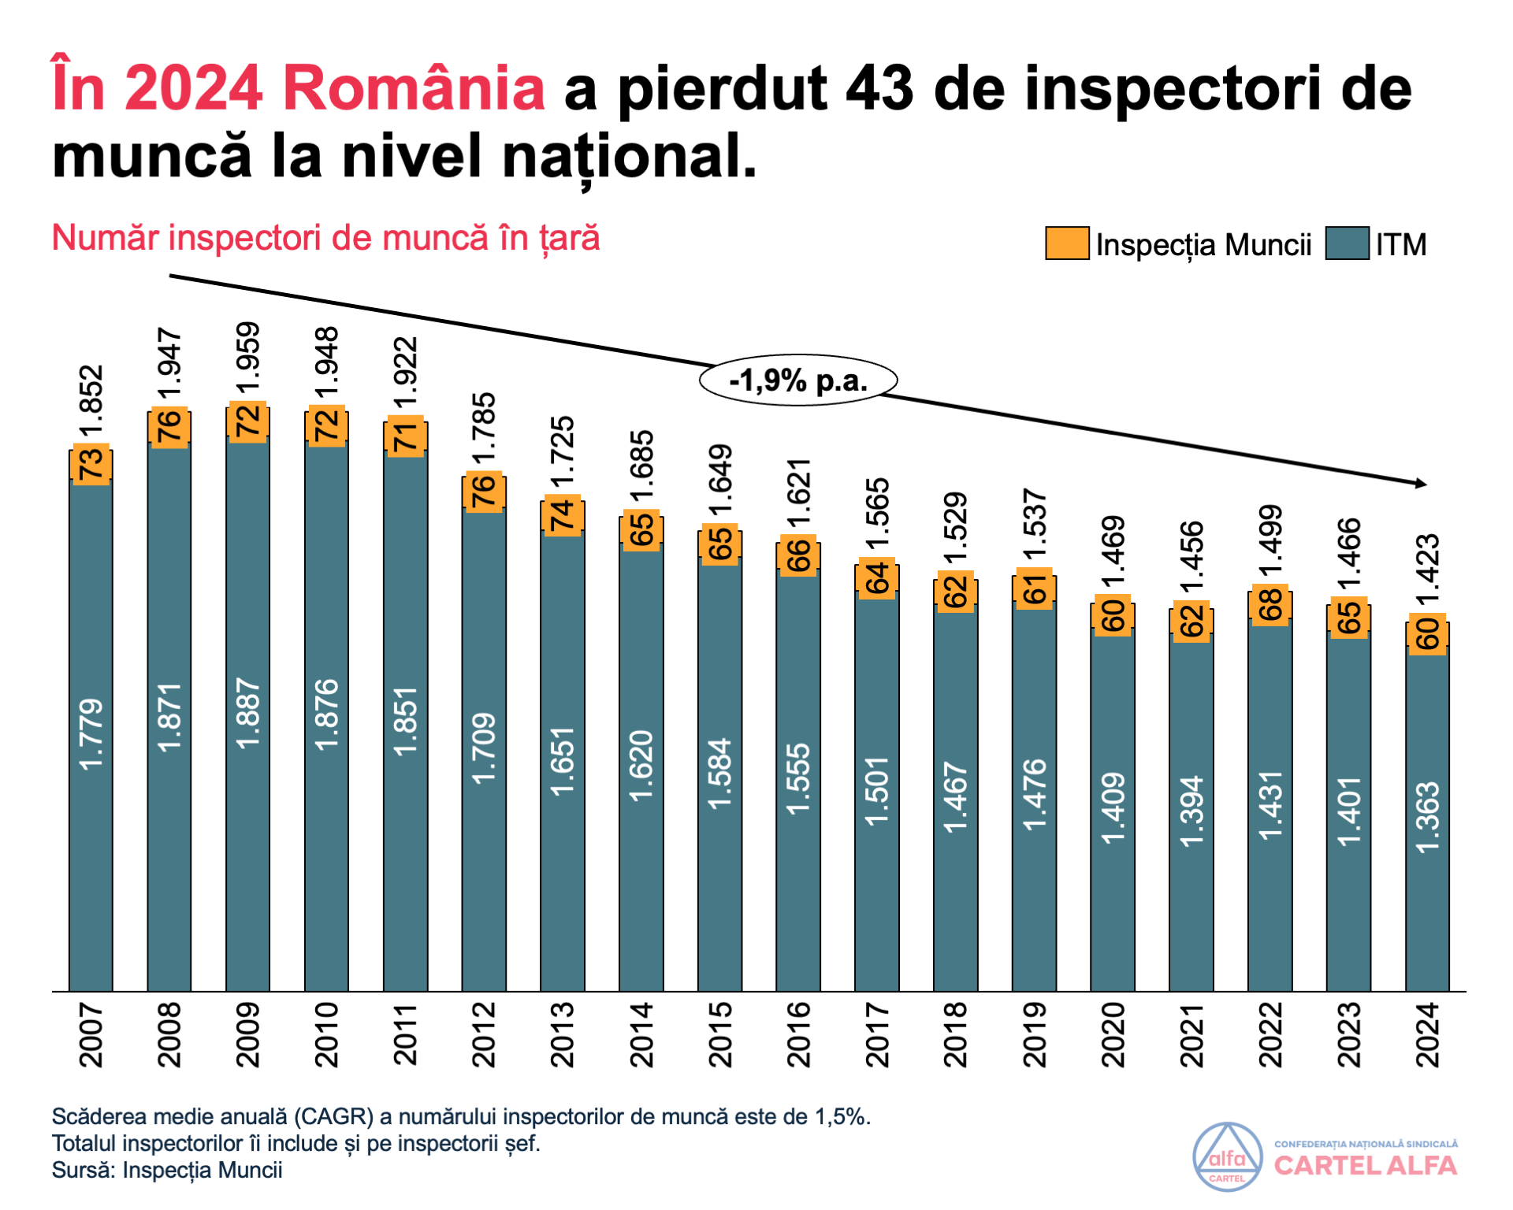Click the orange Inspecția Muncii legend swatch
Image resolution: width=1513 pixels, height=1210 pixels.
[1067, 243]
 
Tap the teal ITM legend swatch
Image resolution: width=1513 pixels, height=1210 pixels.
[1347, 243]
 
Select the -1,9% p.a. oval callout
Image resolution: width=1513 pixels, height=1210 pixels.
[798, 380]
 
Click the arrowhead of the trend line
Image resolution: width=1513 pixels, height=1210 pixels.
[1421, 483]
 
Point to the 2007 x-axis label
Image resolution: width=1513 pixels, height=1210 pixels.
[91, 1035]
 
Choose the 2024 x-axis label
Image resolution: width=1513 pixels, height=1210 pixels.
[1428, 1035]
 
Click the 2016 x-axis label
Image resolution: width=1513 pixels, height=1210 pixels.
[799, 1035]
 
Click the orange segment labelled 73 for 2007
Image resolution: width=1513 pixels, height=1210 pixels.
[91, 463]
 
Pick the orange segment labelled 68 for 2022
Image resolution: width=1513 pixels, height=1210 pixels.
[1270, 604]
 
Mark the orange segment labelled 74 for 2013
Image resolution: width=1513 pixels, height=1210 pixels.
[563, 516]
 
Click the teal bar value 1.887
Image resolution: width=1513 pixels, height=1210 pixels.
[248, 713]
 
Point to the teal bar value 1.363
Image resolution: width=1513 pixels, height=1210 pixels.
[1428, 817]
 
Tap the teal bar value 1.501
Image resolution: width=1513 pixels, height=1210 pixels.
[877, 791]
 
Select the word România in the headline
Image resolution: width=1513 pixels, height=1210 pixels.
[414, 88]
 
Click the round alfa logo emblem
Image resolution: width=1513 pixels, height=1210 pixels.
[1227, 1156]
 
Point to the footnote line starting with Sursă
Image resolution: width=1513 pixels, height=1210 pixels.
[167, 1170]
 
